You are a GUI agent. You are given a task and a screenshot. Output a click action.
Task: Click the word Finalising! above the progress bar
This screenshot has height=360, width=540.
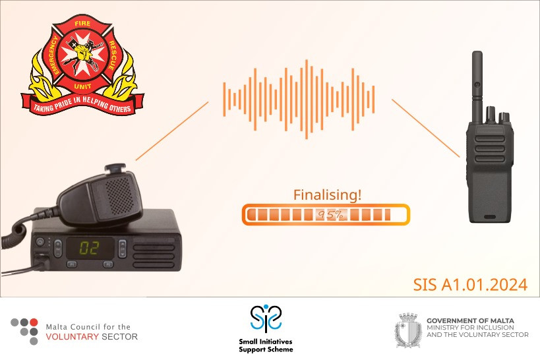[x=327, y=195]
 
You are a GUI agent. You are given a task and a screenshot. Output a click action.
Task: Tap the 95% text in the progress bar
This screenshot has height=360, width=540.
[x=330, y=215]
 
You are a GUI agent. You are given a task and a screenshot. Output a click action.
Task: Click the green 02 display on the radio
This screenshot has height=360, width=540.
[x=90, y=248]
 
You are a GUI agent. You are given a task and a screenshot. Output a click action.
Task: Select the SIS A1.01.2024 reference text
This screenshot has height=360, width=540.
[x=470, y=285]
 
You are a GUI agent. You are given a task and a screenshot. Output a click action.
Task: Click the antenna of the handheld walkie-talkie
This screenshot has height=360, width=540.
[x=477, y=86]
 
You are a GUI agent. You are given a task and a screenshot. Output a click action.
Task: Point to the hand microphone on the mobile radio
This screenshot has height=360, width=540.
[x=100, y=196]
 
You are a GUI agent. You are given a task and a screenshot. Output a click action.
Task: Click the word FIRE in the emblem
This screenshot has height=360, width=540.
[x=82, y=24]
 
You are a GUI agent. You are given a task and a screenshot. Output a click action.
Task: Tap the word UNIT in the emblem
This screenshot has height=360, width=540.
[x=82, y=86]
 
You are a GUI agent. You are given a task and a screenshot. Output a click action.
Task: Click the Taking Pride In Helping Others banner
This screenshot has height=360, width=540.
[x=82, y=104]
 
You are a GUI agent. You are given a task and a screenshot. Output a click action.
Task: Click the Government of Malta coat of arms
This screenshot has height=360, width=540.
[x=408, y=330]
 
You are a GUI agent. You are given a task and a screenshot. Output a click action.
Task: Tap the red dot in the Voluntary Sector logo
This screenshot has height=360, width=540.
[x=34, y=322]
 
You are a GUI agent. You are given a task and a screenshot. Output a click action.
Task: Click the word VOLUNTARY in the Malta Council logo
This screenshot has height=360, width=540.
[x=73, y=336]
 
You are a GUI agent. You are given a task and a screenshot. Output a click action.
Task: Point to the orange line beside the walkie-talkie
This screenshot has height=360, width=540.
[x=426, y=128]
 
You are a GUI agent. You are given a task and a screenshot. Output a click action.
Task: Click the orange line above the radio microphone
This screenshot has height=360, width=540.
[x=172, y=131]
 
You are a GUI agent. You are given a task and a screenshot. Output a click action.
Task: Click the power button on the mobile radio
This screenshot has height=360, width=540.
[x=40, y=241]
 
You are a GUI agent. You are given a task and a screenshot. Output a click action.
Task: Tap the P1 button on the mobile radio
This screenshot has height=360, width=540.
[x=72, y=264]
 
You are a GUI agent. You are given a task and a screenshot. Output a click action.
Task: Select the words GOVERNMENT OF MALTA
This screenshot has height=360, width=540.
[x=470, y=320]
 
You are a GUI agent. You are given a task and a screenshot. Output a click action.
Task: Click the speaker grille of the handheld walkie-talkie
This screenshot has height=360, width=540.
[x=490, y=149]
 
